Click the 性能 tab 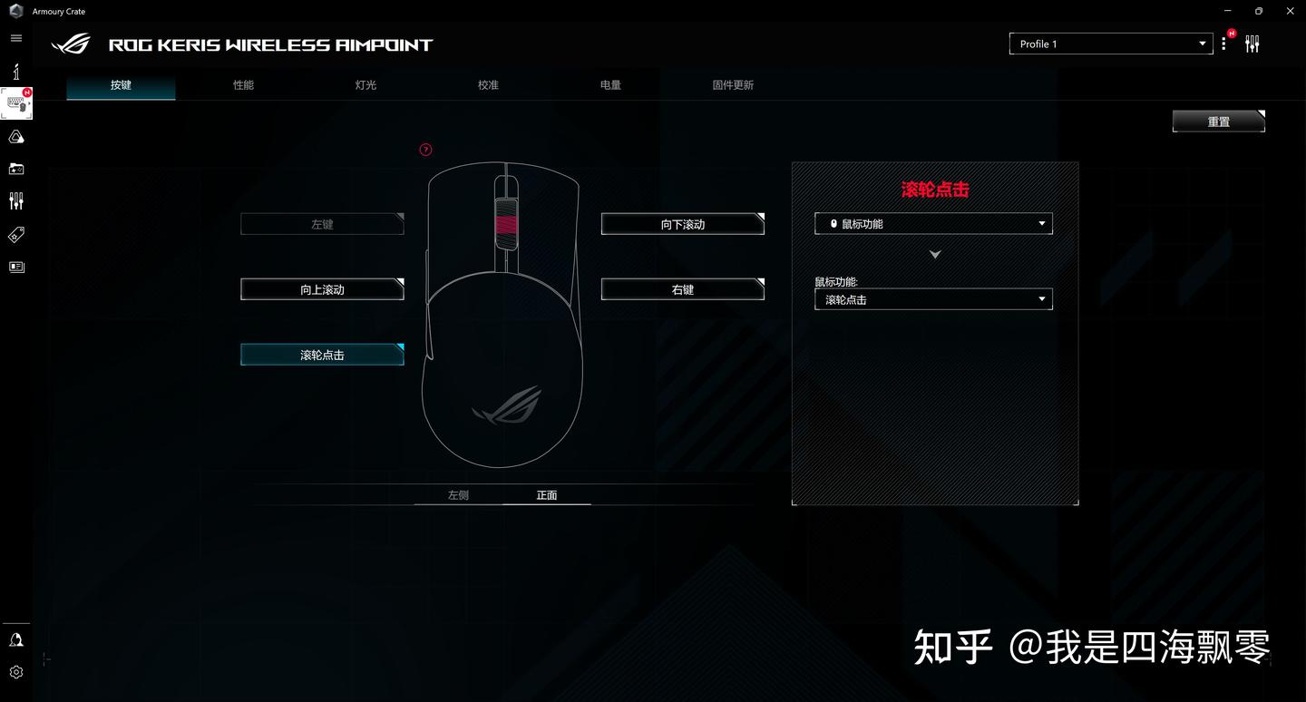(x=243, y=85)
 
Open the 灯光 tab (x=365, y=85)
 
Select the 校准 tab (x=488, y=85)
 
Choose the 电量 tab (x=610, y=85)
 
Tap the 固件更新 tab (x=733, y=85)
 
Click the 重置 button (x=1218, y=122)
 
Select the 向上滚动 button (x=322, y=289)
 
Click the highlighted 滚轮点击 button (x=322, y=355)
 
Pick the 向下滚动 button (x=682, y=224)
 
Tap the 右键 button (x=682, y=289)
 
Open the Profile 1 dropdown (x=1110, y=44)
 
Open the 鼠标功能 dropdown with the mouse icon (x=933, y=224)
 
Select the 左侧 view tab (x=458, y=495)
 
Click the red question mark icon (x=426, y=150)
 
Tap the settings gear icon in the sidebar (x=16, y=672)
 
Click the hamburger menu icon (x=16, y=38)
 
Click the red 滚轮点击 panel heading (x=935, y=190)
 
